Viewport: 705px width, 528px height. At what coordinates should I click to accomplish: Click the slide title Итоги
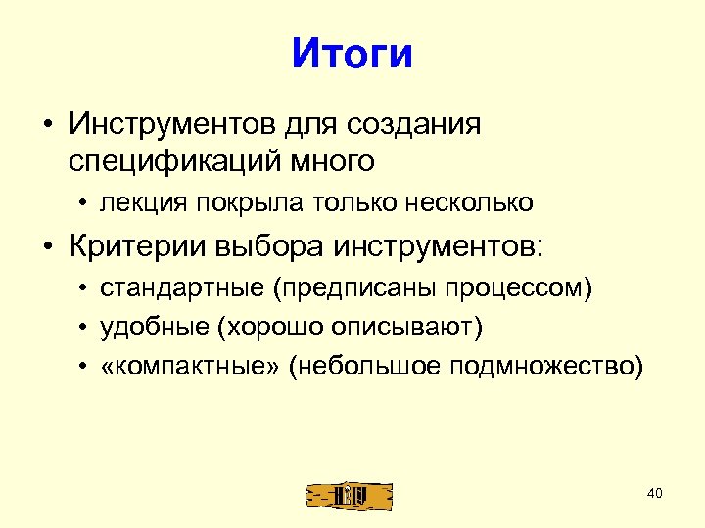pos(352,54)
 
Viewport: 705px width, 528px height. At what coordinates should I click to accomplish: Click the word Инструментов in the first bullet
pos(170,124)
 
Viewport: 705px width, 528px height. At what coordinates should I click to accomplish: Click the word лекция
pos(143,202)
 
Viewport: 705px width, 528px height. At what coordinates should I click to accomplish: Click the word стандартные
pos(182,290)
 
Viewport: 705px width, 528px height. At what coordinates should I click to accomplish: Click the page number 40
pos(655,492)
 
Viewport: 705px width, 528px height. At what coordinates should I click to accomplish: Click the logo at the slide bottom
pos(350,495)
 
